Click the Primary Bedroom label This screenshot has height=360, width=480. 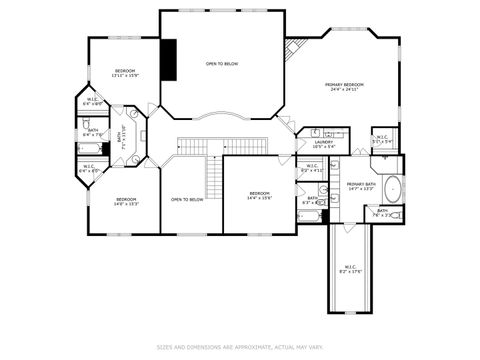click(x=343, y=87)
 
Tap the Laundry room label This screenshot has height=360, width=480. click(x=323, y=144)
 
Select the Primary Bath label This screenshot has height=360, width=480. click(x=360, y=186)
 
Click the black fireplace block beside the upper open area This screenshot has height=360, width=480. click(x=171, y=60)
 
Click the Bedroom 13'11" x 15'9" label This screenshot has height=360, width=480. click(x=125, y=73)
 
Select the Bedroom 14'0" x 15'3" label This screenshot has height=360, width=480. click(x=125, y=201)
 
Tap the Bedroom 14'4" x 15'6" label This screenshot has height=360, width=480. click(x=259, y=196)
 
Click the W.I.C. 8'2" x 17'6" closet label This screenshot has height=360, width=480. click(x=350, y=268)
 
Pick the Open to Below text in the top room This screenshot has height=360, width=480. click(x=222, y=64)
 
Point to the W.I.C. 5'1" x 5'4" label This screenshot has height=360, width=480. click(x=382, y=139)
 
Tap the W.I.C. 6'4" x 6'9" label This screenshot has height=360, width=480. click(x=91, y=101)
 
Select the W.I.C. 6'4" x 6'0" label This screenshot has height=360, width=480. click(x=89, y=169)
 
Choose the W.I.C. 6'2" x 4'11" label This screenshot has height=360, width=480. click(x=312, y=168)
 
